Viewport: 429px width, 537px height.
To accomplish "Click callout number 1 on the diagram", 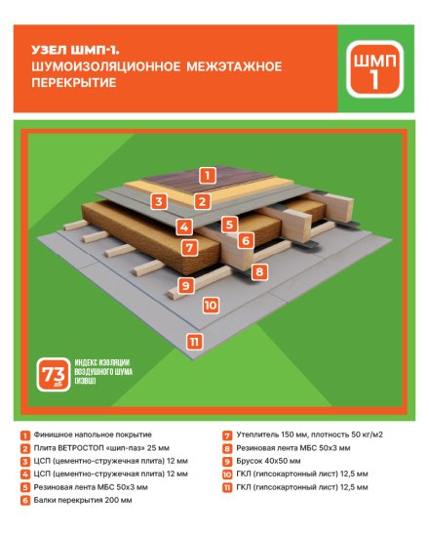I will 206,176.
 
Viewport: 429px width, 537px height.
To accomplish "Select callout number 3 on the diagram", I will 157,201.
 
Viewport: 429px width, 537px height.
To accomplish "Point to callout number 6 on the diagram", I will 246,238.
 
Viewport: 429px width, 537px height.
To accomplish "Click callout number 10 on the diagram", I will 209,305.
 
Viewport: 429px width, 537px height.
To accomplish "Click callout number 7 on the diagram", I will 190,247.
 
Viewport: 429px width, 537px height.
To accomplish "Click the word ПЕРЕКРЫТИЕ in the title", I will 73,84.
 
